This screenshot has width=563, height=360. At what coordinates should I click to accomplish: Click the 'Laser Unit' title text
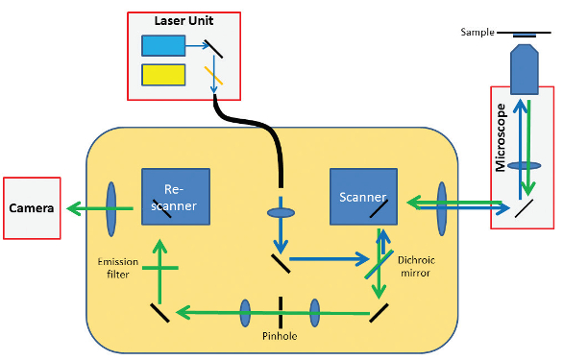[x=183, y=21]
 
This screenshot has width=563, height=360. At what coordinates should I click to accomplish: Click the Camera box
[x=33, y=207]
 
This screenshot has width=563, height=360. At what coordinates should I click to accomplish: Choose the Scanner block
[x=361, y=197]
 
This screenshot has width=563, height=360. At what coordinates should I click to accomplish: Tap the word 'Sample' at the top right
[x=477, y=32]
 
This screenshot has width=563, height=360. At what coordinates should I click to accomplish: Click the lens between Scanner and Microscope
[x=442, y=203]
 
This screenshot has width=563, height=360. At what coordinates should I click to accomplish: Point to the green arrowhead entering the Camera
[x=70, y=206]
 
